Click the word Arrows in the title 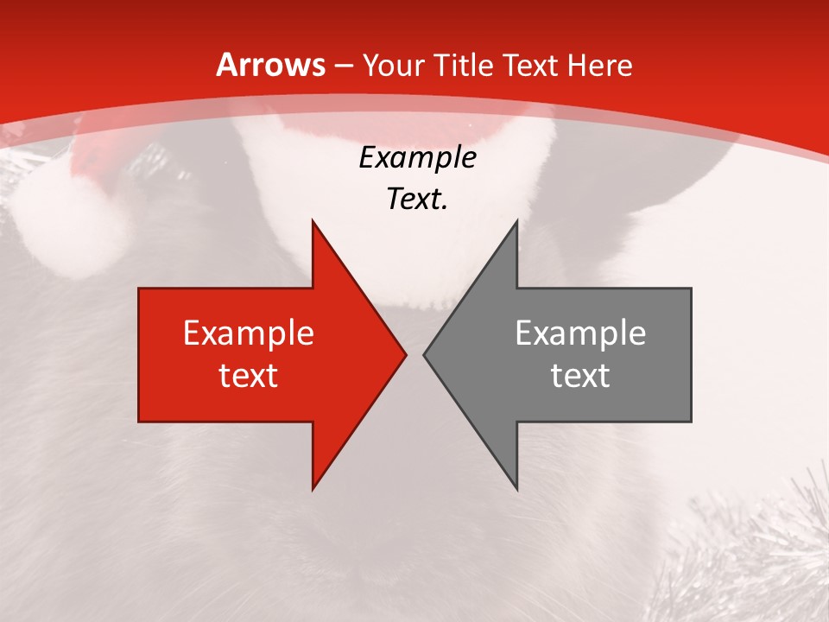271,65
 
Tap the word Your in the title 393,66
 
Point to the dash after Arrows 344,67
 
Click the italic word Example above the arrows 418,158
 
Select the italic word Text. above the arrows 418,200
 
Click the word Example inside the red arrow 249,333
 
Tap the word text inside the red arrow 249,376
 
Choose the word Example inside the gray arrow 580,333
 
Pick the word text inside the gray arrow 580,376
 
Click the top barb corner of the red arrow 313,222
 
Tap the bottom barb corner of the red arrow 313,487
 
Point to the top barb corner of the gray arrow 516,222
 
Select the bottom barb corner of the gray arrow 516,487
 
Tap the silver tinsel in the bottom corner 760,553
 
